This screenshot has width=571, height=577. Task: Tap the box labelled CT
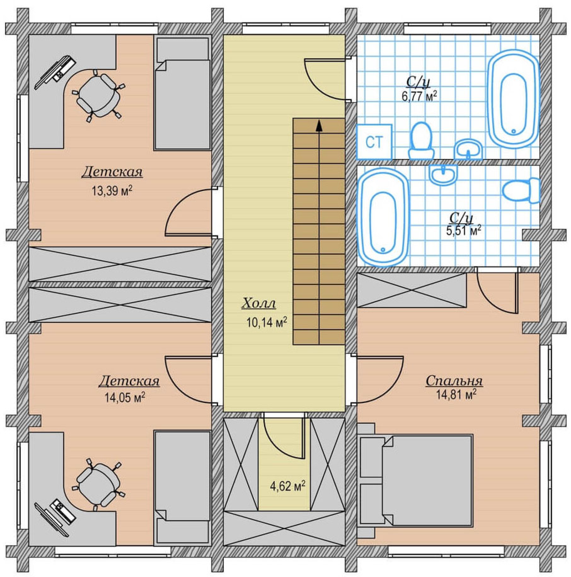pos(374,142)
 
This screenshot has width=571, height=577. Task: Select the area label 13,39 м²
pos(112,191)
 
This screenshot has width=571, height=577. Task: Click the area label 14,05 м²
pos(125,397)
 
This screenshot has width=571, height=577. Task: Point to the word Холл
pos(259,303)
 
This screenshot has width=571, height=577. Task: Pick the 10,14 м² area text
pos(267,322)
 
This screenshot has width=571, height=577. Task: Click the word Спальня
pos(454,381)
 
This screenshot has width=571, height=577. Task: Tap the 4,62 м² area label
pos(288,486)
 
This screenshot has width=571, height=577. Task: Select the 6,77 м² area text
pos(419,96)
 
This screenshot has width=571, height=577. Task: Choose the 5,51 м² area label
pos(464,231)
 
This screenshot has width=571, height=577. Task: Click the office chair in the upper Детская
pos(98,95)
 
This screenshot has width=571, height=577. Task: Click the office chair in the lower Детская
pos(98,485)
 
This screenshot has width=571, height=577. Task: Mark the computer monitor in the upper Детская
pos(55,72)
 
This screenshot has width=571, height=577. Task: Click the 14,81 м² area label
pos(456,395)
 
